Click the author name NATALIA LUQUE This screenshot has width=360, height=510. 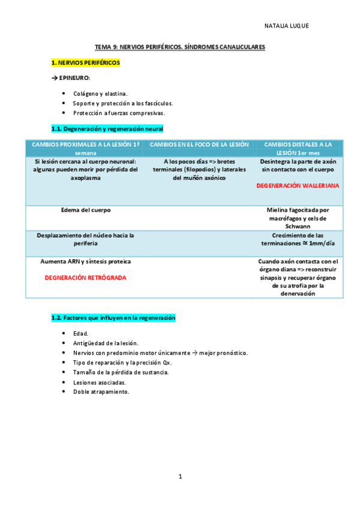pos(286,26)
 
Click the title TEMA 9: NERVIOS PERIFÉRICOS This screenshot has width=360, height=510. pos(180,46)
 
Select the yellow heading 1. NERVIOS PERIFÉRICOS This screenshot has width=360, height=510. pos(85,62)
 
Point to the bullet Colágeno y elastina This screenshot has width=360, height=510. pos(100,94)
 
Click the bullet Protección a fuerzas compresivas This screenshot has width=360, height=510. pos(118,112)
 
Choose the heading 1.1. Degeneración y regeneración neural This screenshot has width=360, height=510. pos(107,129)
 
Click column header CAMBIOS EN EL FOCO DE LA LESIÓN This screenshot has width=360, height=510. pos(198,144)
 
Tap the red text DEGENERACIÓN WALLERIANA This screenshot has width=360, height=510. pos(297,186)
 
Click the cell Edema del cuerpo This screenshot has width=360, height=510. pos(86,210)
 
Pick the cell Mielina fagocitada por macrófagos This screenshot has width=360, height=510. pos(298,215)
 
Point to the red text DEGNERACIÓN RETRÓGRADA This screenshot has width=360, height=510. pos(85,278)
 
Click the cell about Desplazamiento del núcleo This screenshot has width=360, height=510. pos(85,239)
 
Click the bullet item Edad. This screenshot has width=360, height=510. pos(81,333)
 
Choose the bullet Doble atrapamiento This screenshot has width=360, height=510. pos(101,392)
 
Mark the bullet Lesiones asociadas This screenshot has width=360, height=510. pos(99,382)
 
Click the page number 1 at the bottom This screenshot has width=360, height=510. pos(180,476)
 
